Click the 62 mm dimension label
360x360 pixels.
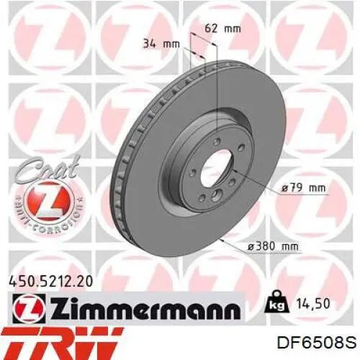click(222, 29)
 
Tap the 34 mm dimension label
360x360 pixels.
click(161, 44)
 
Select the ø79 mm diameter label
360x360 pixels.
click(303, 188)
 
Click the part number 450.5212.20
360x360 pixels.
click(50, 282)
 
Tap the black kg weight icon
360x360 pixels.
click(277, 302)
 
